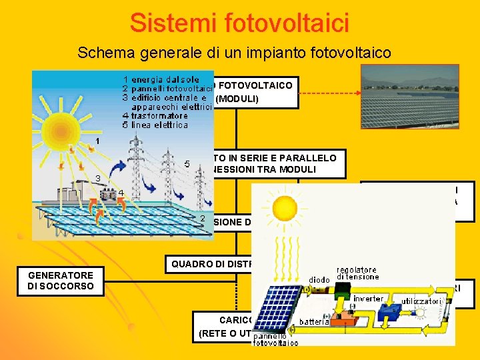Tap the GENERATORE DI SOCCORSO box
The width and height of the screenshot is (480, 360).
pos(61,281)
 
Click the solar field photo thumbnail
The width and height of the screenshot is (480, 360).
pos(410,96)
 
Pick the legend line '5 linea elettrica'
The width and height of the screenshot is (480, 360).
pos(159,125)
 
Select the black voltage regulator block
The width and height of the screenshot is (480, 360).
pos(343,289)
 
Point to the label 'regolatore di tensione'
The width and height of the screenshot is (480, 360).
pos(359,273)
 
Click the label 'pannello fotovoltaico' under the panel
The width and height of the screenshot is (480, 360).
pos(275,340)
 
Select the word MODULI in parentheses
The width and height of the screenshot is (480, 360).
pos(237,100)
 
